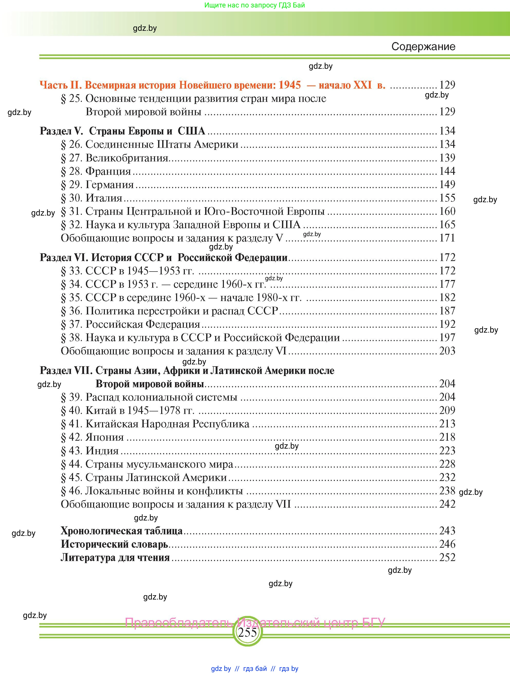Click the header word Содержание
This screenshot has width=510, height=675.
423,47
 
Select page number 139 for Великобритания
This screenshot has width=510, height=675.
447,158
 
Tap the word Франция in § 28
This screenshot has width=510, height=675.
108,171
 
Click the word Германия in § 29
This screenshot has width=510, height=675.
110,185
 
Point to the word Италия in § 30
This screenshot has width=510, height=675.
104,198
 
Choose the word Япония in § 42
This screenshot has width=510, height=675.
105,437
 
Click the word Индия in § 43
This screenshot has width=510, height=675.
102,451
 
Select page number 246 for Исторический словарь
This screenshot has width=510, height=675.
447,544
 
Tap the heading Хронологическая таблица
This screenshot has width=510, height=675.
122,531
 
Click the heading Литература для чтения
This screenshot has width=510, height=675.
115,557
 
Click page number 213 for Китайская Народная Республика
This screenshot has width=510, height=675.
447,423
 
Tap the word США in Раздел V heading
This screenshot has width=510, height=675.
191,131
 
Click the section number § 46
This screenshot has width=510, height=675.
71,491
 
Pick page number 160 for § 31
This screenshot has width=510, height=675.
447,211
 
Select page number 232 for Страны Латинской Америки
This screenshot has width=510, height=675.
447,477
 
